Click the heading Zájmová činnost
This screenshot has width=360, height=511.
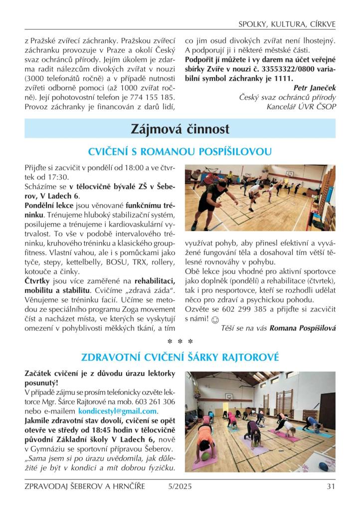(180, 129)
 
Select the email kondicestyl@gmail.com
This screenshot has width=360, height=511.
(118, 412)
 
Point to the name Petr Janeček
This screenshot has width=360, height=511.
(315, 88)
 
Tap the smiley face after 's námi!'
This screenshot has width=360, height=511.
(215, 319)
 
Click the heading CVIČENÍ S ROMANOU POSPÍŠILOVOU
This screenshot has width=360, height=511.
(180, 151)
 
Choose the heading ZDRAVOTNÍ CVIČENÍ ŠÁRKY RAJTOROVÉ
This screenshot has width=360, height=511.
(180, 357)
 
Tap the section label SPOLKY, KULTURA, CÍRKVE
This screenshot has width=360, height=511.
(287, 24)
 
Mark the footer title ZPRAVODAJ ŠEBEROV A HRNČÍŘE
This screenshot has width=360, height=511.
(85, 487)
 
